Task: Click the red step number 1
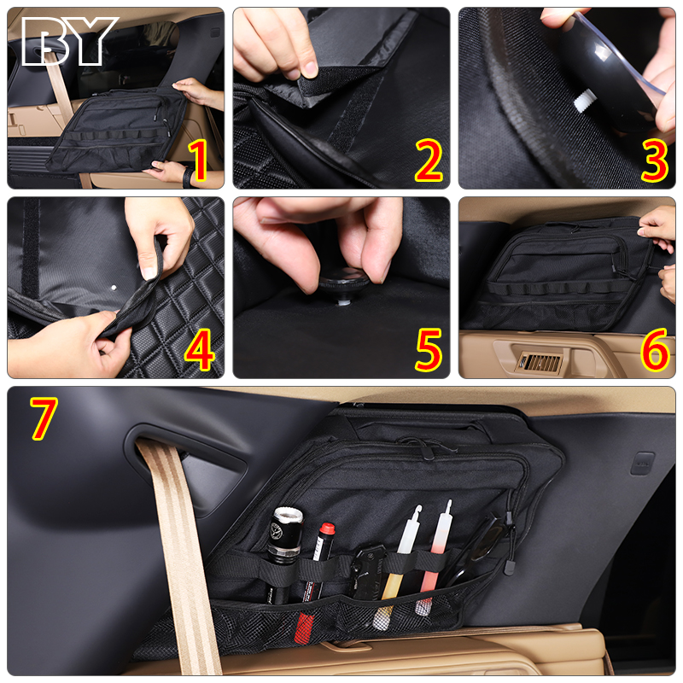pyautogui.click(x=198, y=161)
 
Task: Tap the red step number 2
pyautogui.click(x=429, y=161)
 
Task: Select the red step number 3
pyautogui.click(x=655, y=161)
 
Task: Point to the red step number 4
pyautogui.click(x=200, y=350)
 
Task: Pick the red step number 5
pyautogui.click(x=429, y=350)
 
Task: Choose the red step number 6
pyautogui.click(x=655, y=350)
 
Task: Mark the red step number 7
pyautogui.click(x=44, y=418)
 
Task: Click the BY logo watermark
pyautogui.click(x=70, y=41)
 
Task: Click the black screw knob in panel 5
pyautogui.click(x=344, y=283)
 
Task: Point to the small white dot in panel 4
pyautogui.click(x=114, y=288)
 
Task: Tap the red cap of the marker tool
pyautogui.click(x=327, y=528)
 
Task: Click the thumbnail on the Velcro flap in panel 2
pyautogui.click(x=310, y=68)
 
